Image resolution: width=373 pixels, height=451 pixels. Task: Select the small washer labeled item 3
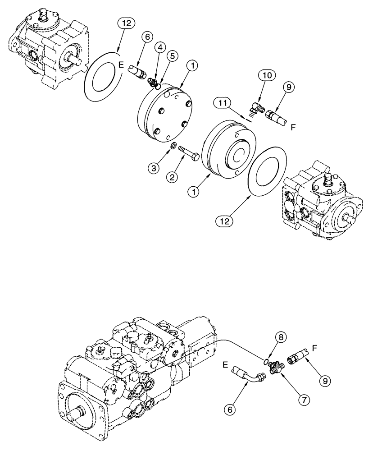(173, 146)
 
